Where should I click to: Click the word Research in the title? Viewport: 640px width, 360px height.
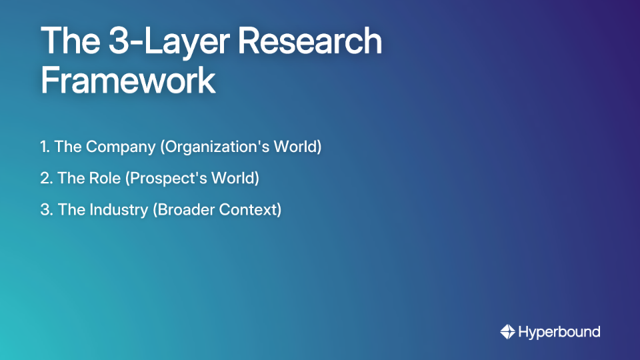pos(311,41)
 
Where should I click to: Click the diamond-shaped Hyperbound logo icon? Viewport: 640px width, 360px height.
pos(507,332)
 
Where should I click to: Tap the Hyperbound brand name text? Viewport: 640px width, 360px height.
pos(559,332)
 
